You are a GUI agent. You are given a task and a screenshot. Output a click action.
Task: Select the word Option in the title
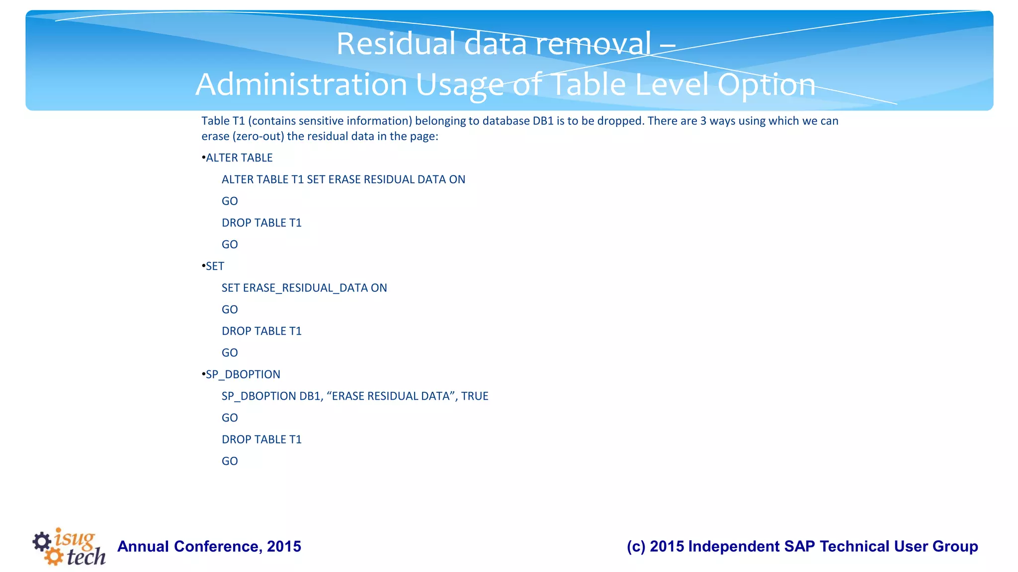click(766, 84)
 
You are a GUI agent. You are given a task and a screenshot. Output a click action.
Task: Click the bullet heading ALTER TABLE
click(239, 158)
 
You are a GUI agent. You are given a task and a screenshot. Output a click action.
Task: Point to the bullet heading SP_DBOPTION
click(243, 374)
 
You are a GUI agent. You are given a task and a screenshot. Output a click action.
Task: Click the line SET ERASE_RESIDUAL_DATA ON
click(304, 288)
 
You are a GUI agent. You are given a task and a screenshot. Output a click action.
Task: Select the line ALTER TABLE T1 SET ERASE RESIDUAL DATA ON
click(343, 180)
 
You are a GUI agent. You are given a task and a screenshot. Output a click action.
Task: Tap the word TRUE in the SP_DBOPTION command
click(475, 396)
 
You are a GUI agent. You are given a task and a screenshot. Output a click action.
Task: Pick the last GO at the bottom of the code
click(230, 461)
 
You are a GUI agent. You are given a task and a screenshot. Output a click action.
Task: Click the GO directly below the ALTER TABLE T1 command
click(230, 201)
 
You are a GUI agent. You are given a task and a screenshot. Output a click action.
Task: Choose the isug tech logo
click(69, 547)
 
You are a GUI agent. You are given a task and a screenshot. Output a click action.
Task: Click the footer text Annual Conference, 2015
click(209, 547)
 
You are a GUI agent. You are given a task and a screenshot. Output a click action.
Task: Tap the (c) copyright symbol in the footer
click(636, 547)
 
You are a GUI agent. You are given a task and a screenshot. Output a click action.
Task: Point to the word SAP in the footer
click(800, 547)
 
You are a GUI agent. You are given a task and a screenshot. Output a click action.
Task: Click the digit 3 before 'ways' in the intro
click(703, 121)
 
